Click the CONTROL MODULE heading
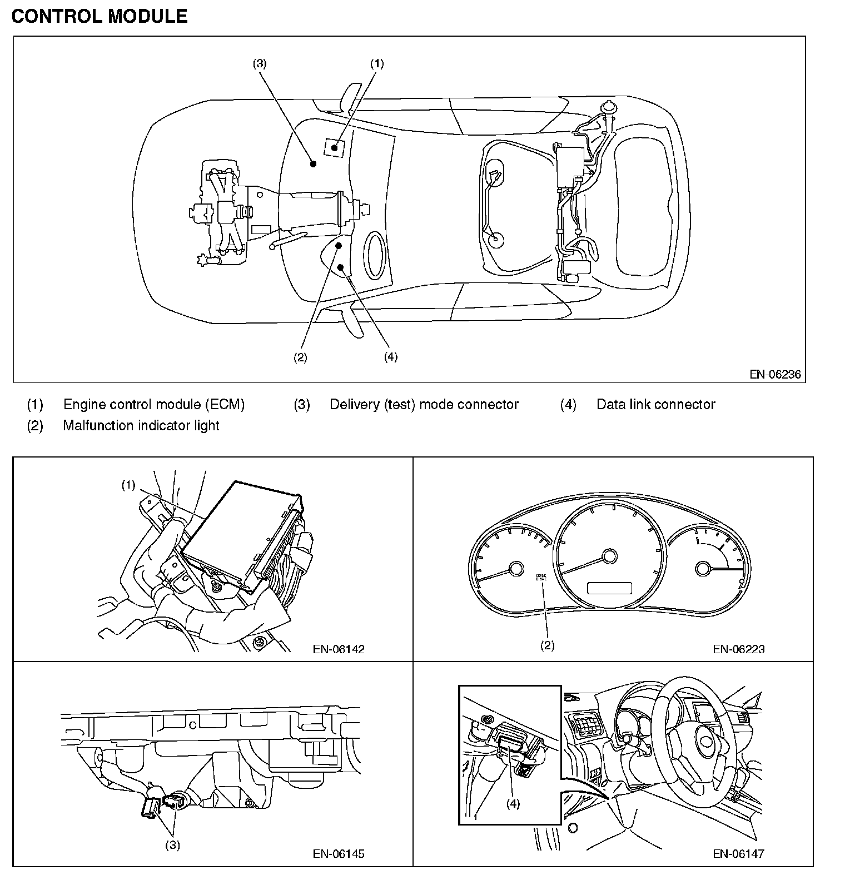(x=100, y=16)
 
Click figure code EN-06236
(x=775, y=374)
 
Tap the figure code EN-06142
(x=339, y=649)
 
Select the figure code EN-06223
(x=739, y=649)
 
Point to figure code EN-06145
(x=339, y=853)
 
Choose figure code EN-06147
(x=739, y=853)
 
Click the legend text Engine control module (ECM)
(x=154, y=404)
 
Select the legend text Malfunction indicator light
(x=141, y=425)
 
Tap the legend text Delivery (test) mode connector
(x=424, y=404)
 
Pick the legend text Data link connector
(x=655, y=404)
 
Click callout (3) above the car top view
(x=260, y=63)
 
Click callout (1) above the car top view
(x=377, y=63)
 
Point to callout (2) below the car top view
(x=300, y=357)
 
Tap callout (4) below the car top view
(x=391, y=357)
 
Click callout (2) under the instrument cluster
(x=548, y=645)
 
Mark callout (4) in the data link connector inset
(x=513, y=804)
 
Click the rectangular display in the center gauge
(x=609, y=588)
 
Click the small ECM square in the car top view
(x=334, y=147)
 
